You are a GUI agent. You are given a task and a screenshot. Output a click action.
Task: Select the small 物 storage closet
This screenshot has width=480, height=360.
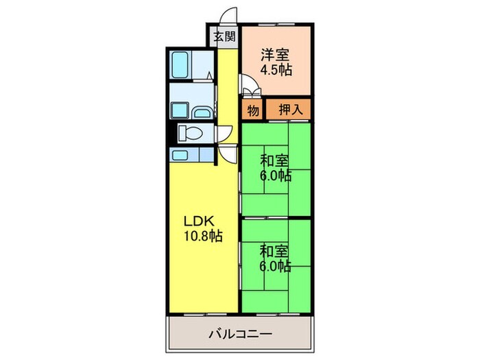252,108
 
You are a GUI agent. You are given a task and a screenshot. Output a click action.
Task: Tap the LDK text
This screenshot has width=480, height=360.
199,221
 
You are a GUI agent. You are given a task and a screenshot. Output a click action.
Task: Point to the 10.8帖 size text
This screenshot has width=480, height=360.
202,236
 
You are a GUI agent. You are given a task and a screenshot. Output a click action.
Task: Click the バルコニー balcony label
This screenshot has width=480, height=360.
240,335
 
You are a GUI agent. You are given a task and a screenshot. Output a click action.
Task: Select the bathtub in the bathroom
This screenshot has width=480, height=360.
180,65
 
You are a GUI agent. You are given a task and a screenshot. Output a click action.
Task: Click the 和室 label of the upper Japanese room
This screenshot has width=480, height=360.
274,162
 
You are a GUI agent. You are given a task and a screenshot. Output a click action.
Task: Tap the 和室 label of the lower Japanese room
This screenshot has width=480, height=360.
274,252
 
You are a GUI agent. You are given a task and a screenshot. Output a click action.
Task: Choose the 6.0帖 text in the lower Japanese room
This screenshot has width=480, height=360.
275,266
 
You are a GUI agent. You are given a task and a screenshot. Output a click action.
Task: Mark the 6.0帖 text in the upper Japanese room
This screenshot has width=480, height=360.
275,176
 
